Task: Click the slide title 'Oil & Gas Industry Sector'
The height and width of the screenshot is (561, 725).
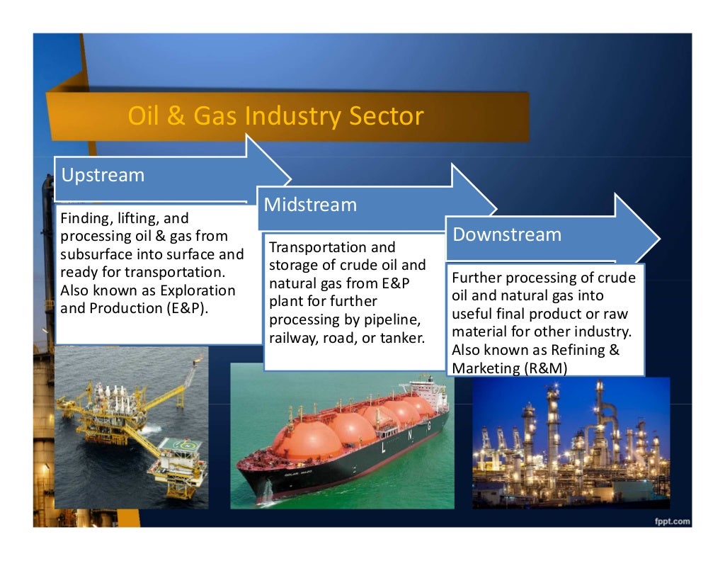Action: point(275,115)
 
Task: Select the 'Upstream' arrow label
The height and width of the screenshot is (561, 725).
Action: point(103,175)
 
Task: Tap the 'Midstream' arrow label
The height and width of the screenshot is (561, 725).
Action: point(310,205)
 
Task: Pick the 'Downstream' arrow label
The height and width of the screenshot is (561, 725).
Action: point(506,234)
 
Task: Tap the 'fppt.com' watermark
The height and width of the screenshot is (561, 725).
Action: point(670,521)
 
